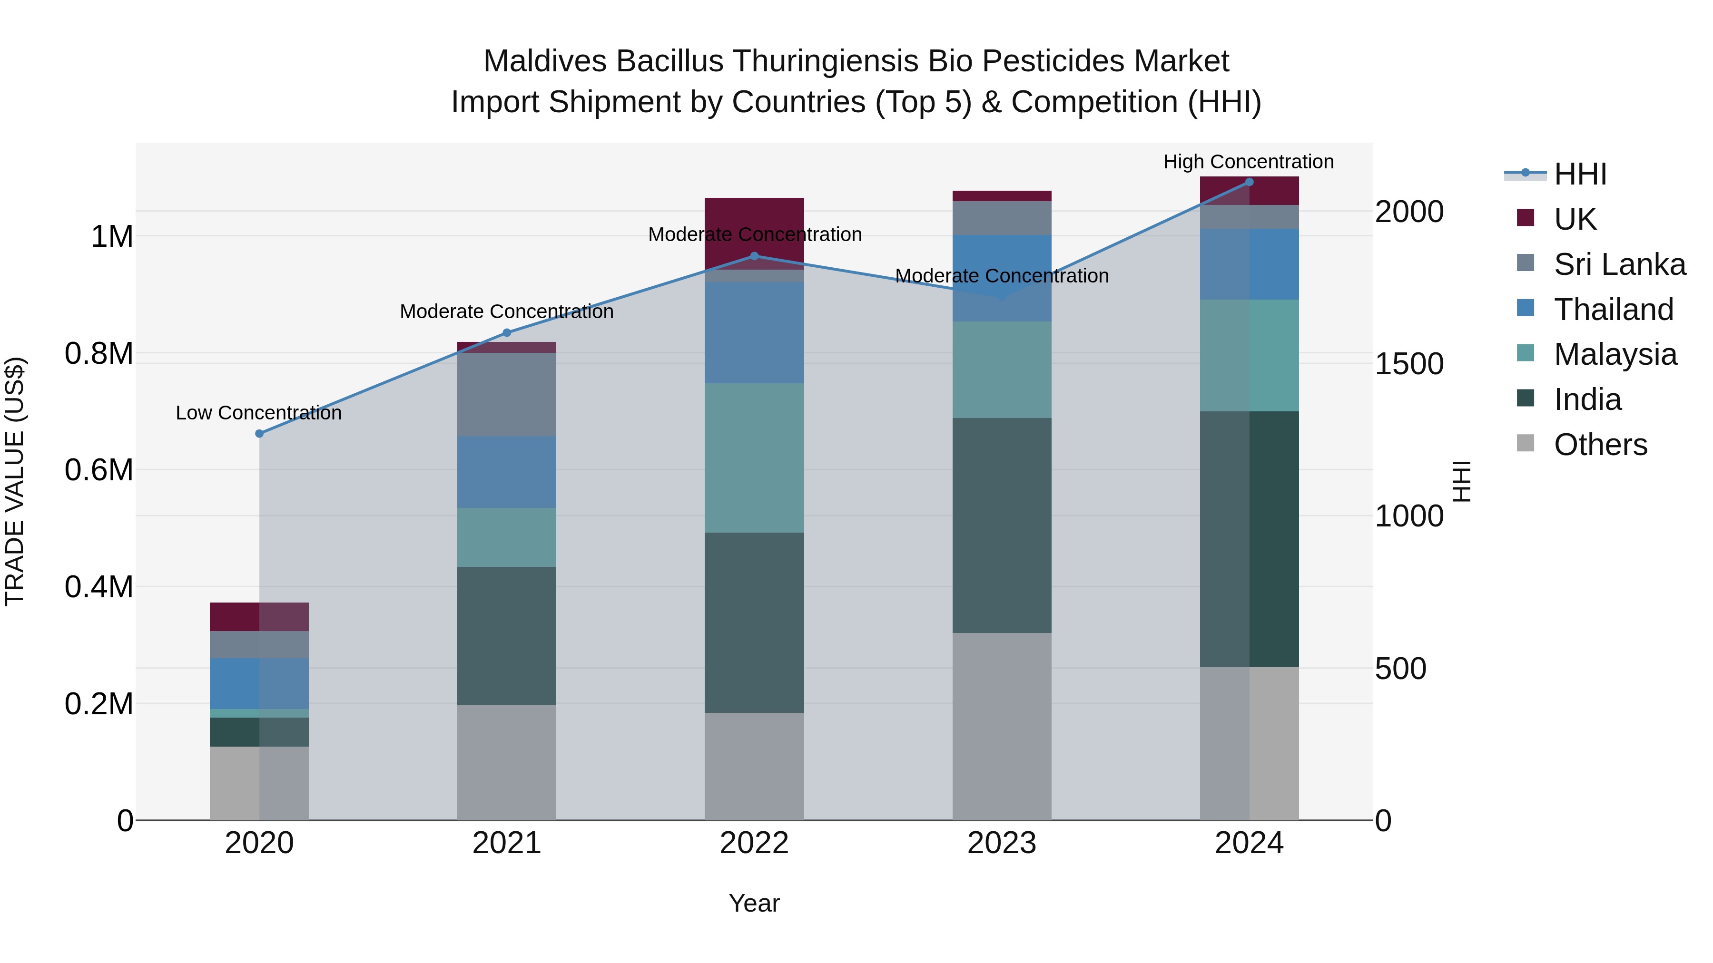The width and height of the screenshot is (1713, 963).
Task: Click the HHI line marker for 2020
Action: [259, 433]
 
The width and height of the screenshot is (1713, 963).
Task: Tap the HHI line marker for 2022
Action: [754, 256]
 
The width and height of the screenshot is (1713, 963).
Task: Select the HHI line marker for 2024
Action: [1249, 182]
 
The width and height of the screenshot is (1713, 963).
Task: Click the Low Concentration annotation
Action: [259, 413]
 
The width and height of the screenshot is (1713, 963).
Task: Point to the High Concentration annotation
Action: [1248, 162]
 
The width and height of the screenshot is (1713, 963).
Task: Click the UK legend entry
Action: [1574, 219]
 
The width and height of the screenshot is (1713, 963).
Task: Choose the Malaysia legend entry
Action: [1615, 354]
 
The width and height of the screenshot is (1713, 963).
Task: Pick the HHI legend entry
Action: [1579, 174]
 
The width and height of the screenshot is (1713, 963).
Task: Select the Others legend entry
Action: [1600, 445]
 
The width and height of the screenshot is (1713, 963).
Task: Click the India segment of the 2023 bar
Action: [1002, 525]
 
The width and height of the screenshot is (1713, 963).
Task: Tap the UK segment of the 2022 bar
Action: [754, 233]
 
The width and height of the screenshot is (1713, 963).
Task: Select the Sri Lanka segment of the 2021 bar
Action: [507, 394]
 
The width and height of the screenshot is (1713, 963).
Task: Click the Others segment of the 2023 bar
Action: [1002, 726]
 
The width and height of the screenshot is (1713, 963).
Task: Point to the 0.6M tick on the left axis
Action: [99, 470]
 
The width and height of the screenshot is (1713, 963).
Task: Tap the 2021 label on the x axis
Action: [507, 843]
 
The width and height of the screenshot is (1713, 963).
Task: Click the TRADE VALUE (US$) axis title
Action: [15, 481]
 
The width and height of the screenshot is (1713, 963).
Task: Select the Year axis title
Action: [754, 903]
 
